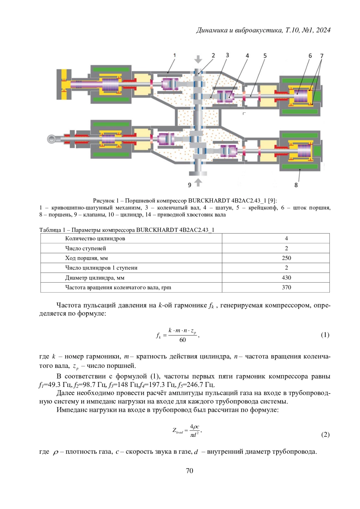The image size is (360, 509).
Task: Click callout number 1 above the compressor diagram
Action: pyautogui.click(x=175, y=55)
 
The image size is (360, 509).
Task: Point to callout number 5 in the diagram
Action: pyautogui.click(x=265, y=56)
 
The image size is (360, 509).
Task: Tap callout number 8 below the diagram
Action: pyautogui.click(x=296, y=185)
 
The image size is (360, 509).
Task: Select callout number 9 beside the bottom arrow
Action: pyautogui.click(x=190, y=185)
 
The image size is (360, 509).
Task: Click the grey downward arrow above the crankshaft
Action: pyautogui.click(x=198, y=59)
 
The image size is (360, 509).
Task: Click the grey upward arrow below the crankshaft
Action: pyautogui.click(x=198, y=182)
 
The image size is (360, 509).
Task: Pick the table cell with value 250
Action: pyautogui.click(x=286, y=258)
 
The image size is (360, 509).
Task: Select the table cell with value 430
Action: pyautogui.click(x=286, y=278)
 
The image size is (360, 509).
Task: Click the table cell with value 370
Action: pyautogui.click(x=286, y=287)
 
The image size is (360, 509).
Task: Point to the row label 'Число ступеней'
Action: pyautogui.click(x=85, y=248)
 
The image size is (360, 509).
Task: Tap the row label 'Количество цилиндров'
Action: pyautogui.click(x=95, y=238)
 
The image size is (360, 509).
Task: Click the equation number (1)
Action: pyautogui.click(x=325, y=335)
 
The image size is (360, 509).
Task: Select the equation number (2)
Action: pyautogui.click(x=325, y=435)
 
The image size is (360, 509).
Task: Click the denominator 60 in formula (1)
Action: pyautogui.click(x=182, y=340)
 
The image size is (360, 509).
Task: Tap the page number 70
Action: pyautogui.click(x=190, y=471)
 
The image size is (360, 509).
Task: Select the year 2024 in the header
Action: pyautogui.click(x=323, y=30)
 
